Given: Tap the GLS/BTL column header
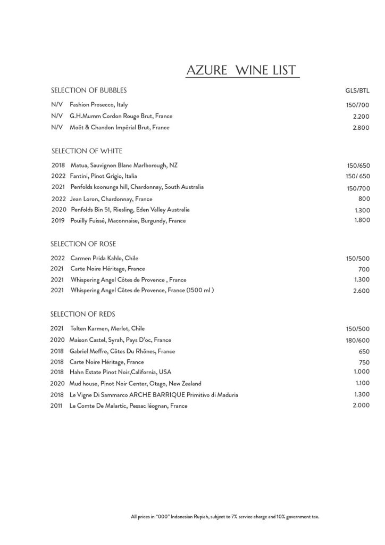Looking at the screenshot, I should tap(357, 90).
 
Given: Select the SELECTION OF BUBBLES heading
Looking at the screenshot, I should tap(88, 90).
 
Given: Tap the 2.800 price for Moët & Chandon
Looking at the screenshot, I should tap(361, 128).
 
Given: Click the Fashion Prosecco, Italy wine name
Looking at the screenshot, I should tap(98, 105).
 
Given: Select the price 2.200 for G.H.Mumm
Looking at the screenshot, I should tap(361, 116).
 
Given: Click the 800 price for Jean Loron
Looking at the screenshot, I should tap(364, 199).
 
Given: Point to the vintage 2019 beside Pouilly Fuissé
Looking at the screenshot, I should tap(58, 221).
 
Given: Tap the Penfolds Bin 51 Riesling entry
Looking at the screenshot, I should tap(130, 210).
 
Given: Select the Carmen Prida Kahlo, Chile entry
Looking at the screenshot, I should tap(104, 258).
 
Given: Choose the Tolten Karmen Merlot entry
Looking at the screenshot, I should tap(107, 328).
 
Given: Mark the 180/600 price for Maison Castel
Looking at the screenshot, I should tap(357, 341).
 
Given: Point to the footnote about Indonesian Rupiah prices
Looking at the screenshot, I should tap(224, 516).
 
